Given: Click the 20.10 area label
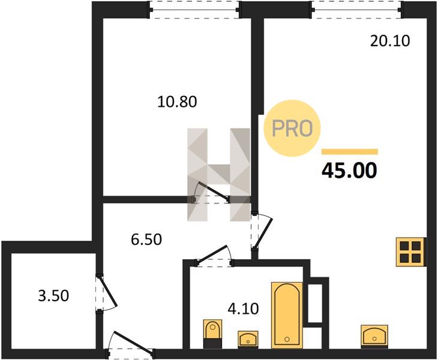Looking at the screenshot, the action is pos(390,41).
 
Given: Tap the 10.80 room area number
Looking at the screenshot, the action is pos(177,101).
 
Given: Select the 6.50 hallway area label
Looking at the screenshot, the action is pos(146,239).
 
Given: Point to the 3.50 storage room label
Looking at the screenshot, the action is pos(53,296).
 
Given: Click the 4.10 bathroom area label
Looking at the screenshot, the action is pos(244,309).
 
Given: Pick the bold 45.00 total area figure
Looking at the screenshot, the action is pos(349,170).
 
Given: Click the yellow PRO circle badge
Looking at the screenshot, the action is pos(292,128).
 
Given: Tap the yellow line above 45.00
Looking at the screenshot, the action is pos(350,152).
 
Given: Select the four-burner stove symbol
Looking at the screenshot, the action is pos(411,252).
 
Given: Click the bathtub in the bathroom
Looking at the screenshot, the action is pos(287,316).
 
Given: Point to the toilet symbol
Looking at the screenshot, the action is pos(212,334).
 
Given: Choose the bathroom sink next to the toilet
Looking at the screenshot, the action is pos(248,340).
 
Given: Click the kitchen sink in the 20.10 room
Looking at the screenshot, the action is pos(374,337).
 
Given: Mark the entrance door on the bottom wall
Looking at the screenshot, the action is pos(130,344).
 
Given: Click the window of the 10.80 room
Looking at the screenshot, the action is pos(194,10).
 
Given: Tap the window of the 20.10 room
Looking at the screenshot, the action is pos(357,10).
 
